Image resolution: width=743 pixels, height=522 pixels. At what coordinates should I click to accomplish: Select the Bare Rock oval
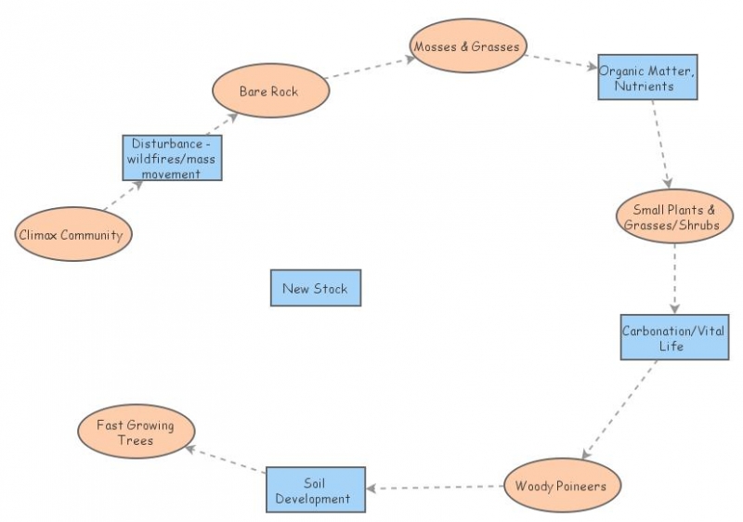(268, 90)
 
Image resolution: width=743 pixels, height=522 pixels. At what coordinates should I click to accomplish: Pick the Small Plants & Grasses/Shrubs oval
(672, 216)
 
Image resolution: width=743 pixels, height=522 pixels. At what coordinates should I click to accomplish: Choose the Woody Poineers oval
(561, 485)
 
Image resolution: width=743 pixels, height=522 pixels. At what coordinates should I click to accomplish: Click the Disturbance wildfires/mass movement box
(171, 158)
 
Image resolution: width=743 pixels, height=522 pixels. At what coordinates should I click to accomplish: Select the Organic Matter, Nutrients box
(647, 77)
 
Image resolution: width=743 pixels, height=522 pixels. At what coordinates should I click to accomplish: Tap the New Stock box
(315, 288)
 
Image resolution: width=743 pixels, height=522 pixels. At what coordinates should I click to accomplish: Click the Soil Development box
(315, 490)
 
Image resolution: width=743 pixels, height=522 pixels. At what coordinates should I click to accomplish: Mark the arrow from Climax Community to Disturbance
(122, 197)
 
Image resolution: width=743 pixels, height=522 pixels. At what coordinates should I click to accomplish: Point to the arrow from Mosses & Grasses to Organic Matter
(561, 61)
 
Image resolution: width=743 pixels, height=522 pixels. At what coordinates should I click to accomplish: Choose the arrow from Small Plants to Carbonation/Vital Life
(675, 279)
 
